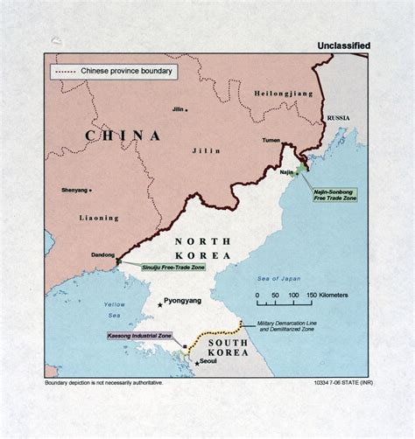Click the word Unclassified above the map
[342, 45]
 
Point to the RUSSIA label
[339, 117]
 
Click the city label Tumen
[271, 140]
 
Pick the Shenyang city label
[75, 190]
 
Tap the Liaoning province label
[99, 218]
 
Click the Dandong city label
[102, 255]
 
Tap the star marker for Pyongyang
[158, 304]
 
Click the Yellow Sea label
[115, 310]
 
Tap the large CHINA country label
[123, 136]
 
